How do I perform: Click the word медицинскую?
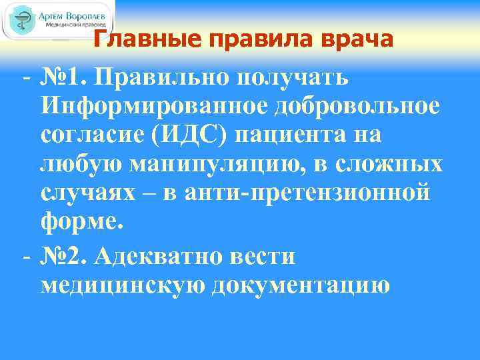point(123,285)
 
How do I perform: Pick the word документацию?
point(300,285)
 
